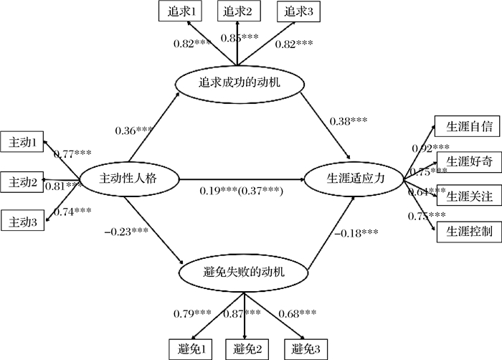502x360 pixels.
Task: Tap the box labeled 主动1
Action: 23,142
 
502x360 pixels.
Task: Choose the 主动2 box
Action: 23,182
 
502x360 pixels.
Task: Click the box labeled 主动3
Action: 23,223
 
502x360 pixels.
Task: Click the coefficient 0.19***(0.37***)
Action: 241,192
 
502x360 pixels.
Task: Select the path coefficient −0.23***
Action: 126,230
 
